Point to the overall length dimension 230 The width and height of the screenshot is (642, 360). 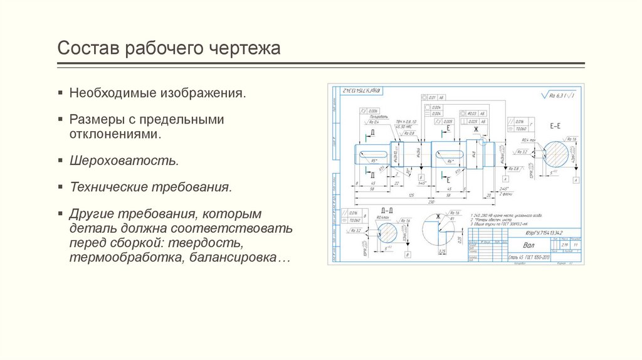(431, 202)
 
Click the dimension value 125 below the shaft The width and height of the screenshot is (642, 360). (411, 195)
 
